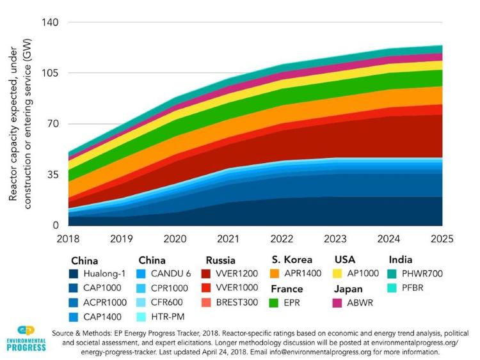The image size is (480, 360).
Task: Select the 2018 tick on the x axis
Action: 68,239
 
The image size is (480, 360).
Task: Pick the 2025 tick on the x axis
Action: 442,239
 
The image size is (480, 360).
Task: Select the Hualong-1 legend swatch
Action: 76,274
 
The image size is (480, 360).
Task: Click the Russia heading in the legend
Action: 221,260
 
